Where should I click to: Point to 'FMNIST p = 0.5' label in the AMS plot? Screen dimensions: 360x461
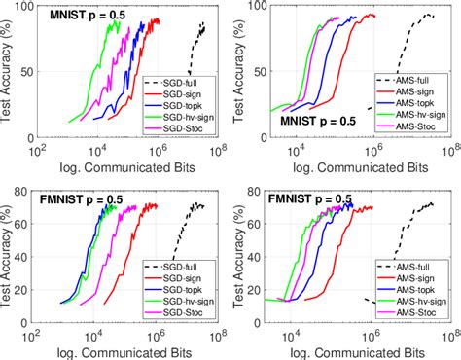coord(312,199)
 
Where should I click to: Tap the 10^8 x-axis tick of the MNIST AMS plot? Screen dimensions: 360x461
coord(448,154)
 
